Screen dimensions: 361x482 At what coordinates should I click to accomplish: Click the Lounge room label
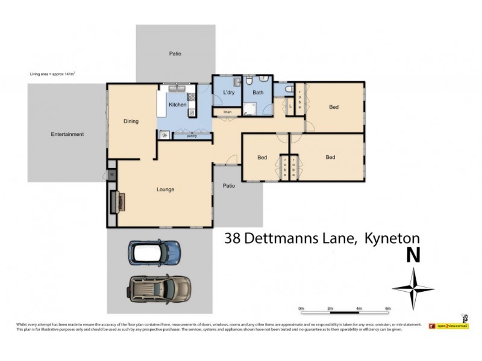pyautogui.click(x=165, y=190)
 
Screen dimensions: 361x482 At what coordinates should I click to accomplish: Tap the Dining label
pyautogui.click(x=131, y=122)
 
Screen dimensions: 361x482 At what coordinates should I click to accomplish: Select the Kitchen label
pyautogui.click(x=177, y=105)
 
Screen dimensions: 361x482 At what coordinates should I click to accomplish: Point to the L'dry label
pyautogui.click(x=228, y=93)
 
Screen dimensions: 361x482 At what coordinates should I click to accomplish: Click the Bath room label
pyautogui.click(x=258, y=93)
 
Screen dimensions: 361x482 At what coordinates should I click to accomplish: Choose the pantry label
pyautogui.click(x=192, y=136)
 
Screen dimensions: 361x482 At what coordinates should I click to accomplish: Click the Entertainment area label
pyautogui.click(x=67, y=134)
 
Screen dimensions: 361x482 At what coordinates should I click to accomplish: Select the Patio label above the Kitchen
pyautogui.click(x=175, y=54)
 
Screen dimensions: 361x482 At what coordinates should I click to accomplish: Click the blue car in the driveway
pyautogui.click(x=154, y=253)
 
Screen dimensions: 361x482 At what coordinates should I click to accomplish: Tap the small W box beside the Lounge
pyautogui.click(x=111, y=174)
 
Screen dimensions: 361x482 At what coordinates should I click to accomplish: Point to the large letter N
pyautogui.click(x=413, y=255)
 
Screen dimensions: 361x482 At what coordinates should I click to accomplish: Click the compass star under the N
pyautogui.click(x=413, y=287)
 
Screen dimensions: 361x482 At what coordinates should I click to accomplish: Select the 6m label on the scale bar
pyautogui.click(x=387, y=309)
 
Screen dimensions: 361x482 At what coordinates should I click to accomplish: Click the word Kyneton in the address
pyautogui.click(x=390, y=238)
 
